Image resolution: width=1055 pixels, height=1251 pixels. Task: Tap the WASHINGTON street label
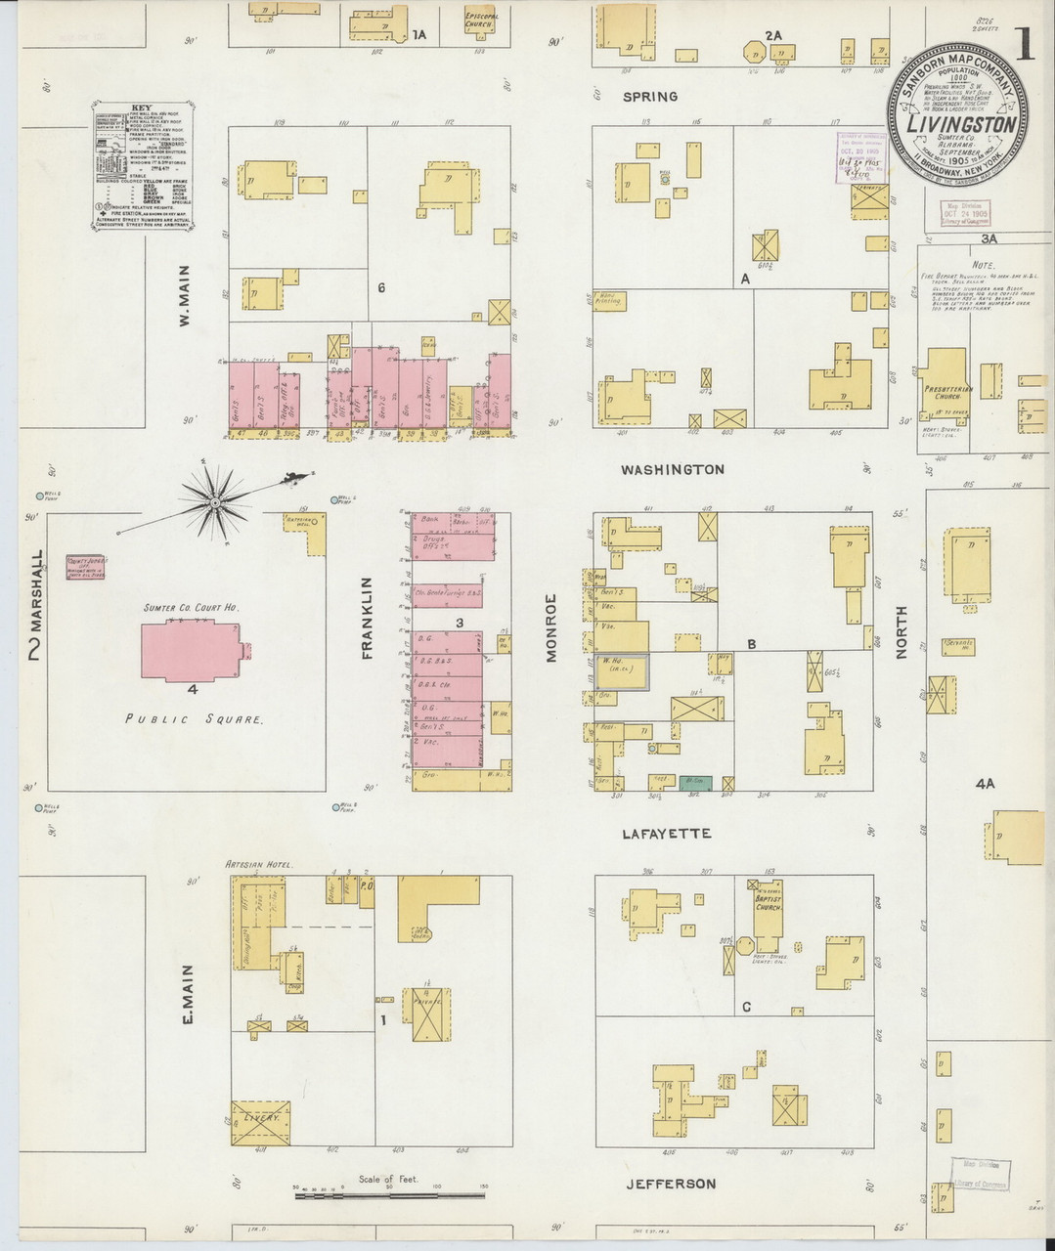[673, 469]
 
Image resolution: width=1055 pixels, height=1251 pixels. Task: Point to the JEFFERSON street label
[671, 1184]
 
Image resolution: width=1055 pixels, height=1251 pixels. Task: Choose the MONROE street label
[551, 627]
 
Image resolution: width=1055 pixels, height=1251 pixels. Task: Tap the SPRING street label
[650, 96]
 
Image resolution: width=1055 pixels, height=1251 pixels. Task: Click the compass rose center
[213, 501]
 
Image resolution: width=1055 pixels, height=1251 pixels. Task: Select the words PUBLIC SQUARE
[194, 719]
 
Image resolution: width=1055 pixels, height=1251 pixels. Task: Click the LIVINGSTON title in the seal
[959, 124]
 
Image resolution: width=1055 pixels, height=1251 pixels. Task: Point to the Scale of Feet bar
[389, 1190]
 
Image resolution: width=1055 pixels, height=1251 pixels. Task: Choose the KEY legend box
[143, 164]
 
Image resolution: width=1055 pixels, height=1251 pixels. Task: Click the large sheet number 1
[1025, 45]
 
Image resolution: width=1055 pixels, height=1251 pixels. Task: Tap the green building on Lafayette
[695, 783]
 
